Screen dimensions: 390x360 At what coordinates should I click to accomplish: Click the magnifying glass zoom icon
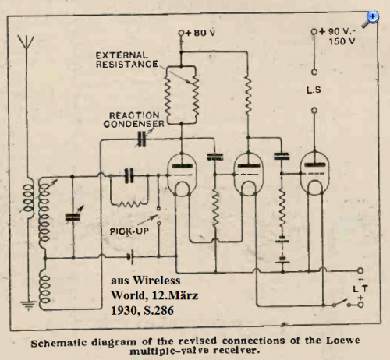click(x=370, y=19)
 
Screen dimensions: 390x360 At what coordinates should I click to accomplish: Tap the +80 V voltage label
click(x=200, y=33)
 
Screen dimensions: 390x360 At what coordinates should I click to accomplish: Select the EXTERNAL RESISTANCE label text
click(x=127, y=60)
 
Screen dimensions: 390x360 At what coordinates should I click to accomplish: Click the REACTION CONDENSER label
click(x=134, y=120)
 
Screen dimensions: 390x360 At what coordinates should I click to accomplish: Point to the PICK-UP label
click(x=129, y=231)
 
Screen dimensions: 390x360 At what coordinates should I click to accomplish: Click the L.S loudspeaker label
click(x=314, y=90)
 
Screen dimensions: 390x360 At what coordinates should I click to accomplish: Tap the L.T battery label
click(x=360, y=289)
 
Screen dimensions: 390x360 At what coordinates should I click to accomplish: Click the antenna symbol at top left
click(x=26, y=41)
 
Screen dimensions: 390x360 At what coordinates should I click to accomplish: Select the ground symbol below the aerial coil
click(x=28, y=305)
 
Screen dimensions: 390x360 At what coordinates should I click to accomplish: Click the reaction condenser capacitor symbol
click(x=141, y=139)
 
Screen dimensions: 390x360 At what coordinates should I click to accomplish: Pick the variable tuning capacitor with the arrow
click(x=73, y=216)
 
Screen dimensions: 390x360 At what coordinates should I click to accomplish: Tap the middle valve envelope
click(x=249, y=174)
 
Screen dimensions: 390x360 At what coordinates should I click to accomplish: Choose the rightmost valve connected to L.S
click(x=314, y=173)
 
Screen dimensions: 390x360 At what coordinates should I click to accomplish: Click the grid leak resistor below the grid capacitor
click(x=129, y=204)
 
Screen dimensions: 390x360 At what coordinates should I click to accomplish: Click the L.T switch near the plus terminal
click(x=340, y=302)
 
